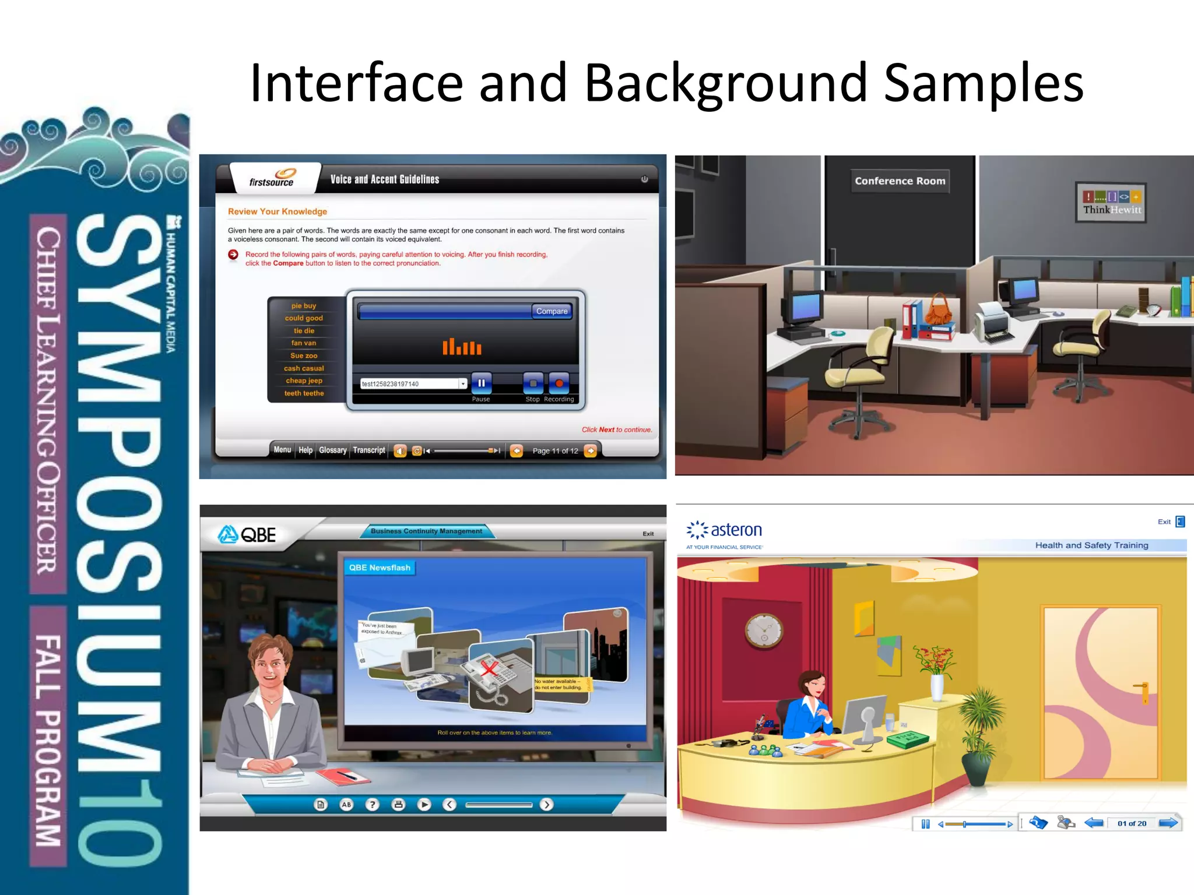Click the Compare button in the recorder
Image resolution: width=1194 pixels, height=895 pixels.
pyautogui.click(x=552, y=311)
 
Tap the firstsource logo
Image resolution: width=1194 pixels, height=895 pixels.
pyautogui.click(x=273, y=178)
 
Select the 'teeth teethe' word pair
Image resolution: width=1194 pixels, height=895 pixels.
pyautogui.click(x=304, y=393)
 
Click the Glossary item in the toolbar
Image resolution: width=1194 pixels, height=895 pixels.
pyautogui.click(x=332, y=450)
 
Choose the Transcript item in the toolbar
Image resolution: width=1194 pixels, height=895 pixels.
pyautogui.click(x=369, y=450)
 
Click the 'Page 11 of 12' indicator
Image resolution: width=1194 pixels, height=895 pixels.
pyautogui.click(x=555, y=451)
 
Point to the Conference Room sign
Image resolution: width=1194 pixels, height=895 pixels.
pyautogui.click(x=900, y=181)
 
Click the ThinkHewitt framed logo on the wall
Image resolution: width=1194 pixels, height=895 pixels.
pyautogui.click(x=1111, y=203)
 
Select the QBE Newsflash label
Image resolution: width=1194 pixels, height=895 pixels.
pyautogui.click(x=380, y=568)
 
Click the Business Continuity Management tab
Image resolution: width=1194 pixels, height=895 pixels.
pyautogui.click(x=426, y=531)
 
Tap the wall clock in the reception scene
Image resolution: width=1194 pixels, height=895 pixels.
pyautogui.click(x=764, y=630)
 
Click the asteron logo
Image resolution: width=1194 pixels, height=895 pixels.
pyautogui.click(x=725, y=530)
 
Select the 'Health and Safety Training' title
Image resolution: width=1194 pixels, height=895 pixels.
pyautogui.click(x=1091, y=545)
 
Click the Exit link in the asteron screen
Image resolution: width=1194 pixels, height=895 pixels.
pyautogui.click(x=1164, y=522)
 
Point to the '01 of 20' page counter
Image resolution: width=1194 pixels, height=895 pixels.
pyautogui.click(x=1132, y=823)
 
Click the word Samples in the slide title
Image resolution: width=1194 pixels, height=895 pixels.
pyautogui.click(x=984, y=83)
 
